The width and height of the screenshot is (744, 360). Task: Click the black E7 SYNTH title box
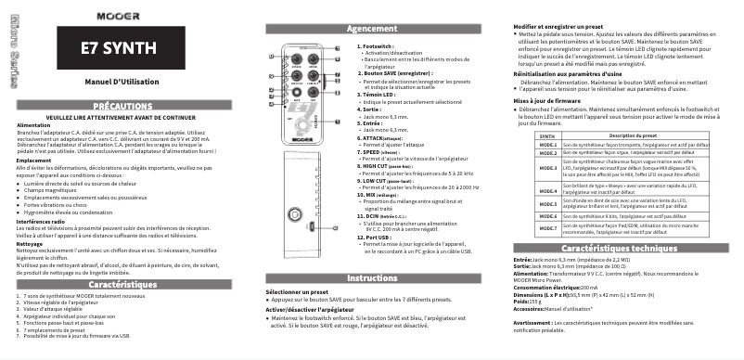111,48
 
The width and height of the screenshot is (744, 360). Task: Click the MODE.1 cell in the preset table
549,146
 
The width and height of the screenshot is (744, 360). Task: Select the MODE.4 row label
549,191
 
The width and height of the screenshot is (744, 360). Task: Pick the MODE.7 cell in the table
549,228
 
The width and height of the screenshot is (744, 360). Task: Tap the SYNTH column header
549,135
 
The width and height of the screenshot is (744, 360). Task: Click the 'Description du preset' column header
640,135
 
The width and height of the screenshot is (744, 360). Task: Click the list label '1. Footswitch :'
377,45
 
